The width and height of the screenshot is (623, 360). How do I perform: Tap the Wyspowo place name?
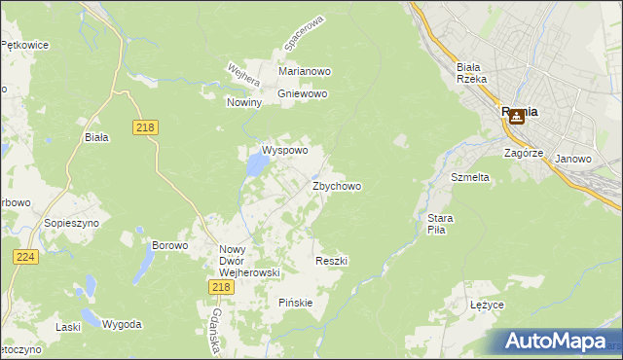point(284,151)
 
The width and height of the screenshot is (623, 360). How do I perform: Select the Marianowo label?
point(305,72)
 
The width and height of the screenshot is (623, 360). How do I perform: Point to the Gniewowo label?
point(303,94)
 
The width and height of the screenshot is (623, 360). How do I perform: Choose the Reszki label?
point(332,261)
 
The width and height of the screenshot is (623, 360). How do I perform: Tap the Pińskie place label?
point(296,302)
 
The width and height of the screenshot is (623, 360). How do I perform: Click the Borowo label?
point(169,245)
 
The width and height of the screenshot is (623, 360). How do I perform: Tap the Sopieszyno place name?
point(67,223)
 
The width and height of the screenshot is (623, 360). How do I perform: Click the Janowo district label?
point(573,159)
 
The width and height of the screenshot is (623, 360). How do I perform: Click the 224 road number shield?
point(26,256)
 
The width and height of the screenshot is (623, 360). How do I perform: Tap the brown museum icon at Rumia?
point(517,116)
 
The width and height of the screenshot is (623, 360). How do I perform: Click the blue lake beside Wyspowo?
point(255,166)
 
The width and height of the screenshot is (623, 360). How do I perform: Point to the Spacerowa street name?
point(301,34)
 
